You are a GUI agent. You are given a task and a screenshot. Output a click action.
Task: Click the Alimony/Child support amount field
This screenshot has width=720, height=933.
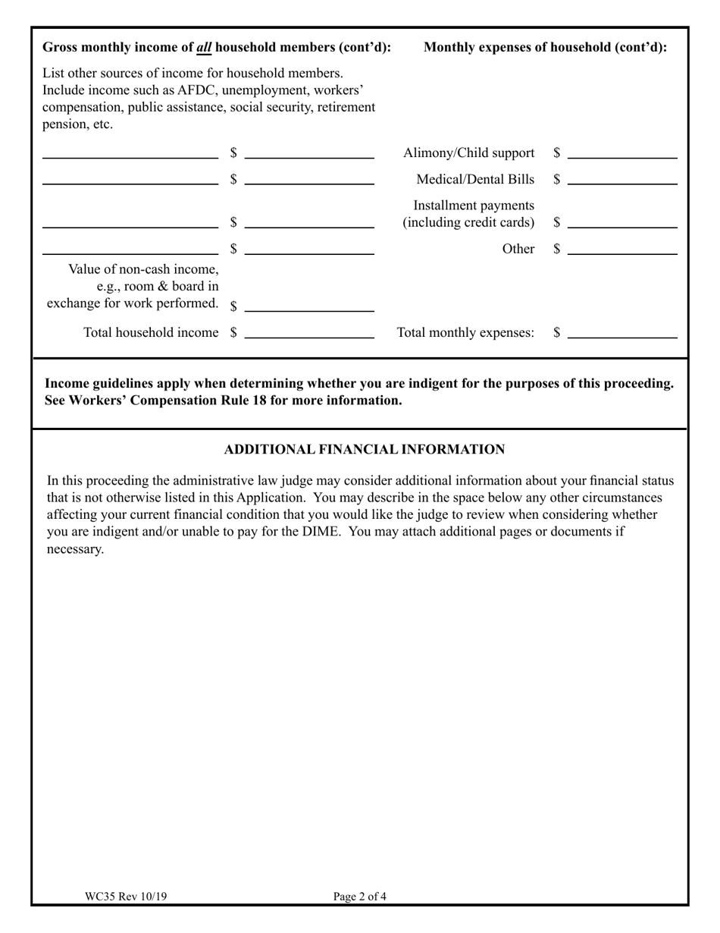tap(621, 153)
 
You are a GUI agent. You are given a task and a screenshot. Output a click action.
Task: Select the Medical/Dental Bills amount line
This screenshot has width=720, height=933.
tap(621, 180)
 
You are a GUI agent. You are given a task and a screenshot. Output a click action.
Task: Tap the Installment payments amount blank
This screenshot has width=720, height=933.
tap(621, 222)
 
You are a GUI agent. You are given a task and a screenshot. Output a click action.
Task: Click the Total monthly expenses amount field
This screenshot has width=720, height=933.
tap(621, 332)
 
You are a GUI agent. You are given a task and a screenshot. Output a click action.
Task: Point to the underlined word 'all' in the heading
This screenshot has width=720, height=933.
tap(204, 48)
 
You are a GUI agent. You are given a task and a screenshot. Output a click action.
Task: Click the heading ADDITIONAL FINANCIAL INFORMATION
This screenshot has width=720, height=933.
tap(365, 450)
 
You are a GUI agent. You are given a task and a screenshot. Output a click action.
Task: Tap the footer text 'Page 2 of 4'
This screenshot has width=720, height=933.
tap(360, 897)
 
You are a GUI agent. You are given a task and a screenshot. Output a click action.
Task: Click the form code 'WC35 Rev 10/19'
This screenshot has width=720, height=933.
tap(126, 897)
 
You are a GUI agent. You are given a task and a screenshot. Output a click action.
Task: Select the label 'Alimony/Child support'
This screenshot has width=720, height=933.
tap(468, 153)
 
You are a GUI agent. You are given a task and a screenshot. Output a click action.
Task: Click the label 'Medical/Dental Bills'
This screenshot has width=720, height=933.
tap(475, 180)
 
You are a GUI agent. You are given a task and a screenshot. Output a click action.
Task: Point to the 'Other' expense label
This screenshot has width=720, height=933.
tap(518, 249)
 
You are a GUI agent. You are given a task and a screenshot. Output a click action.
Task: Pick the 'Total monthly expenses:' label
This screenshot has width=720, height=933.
tap(465, 332)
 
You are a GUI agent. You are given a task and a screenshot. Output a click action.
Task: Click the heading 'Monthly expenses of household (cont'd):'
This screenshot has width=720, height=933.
tap(546, 48)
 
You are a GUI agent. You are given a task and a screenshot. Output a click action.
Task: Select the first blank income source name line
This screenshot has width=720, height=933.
tap(130, 157)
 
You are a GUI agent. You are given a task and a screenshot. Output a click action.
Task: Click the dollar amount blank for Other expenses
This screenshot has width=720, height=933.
tap(621, 249)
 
